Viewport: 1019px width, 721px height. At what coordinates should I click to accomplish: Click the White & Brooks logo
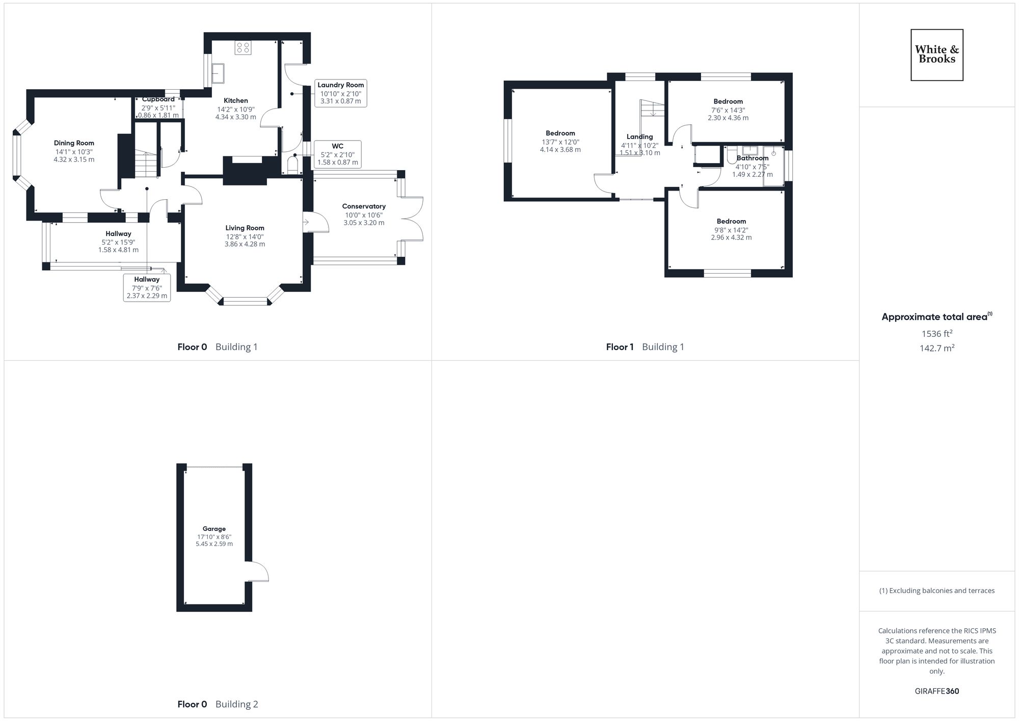936,55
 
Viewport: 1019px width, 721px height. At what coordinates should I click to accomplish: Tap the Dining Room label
74,143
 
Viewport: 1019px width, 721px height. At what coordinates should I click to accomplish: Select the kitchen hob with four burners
243,47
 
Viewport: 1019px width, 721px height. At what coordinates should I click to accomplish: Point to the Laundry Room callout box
340,93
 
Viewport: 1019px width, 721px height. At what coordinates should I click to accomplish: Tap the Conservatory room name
364,206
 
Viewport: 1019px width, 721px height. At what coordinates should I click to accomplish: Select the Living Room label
245,228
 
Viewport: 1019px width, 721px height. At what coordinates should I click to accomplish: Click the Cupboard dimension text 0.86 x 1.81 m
158,115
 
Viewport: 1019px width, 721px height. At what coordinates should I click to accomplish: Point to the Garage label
214,529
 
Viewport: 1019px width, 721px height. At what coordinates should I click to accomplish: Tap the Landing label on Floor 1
639,137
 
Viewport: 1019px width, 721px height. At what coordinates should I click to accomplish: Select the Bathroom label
752,158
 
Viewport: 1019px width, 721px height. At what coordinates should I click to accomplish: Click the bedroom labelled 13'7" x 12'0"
560,142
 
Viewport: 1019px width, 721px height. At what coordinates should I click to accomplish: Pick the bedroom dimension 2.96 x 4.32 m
731,237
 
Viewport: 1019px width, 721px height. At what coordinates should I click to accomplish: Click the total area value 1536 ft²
937,334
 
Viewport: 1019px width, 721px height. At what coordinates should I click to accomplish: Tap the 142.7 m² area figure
937,348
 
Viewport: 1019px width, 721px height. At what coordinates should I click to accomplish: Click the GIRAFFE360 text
936,691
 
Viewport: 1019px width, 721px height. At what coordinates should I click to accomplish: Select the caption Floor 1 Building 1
645,347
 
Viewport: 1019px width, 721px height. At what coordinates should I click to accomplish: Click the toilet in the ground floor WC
293,166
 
